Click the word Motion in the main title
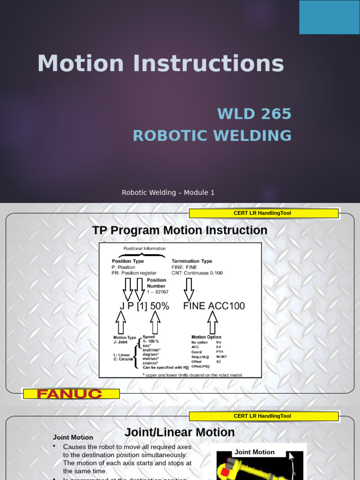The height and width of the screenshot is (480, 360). point(80,64)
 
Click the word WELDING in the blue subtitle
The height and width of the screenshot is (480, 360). point(253,135)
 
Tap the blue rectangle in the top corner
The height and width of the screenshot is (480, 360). point(329,17)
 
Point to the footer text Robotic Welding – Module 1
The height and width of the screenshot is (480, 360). point(168,193)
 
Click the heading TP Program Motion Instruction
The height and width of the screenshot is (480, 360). point(180,230)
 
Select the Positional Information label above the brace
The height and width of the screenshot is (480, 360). point(144,248)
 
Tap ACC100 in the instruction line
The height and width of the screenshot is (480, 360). point(226,306)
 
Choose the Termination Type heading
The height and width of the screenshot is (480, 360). point(192,261)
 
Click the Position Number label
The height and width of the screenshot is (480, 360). point(156,283)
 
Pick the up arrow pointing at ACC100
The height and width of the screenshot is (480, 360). point(212,322)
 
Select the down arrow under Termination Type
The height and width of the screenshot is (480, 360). point(189,289)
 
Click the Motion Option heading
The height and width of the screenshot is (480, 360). point(206,337)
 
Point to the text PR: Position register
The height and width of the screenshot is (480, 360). point(134,273)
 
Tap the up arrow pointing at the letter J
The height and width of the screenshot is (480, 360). point(120,322)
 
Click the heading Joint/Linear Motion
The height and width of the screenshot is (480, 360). point(180,432)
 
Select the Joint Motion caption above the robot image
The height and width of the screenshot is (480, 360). point(255,452)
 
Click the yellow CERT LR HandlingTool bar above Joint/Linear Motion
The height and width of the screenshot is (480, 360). point(263,416)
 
